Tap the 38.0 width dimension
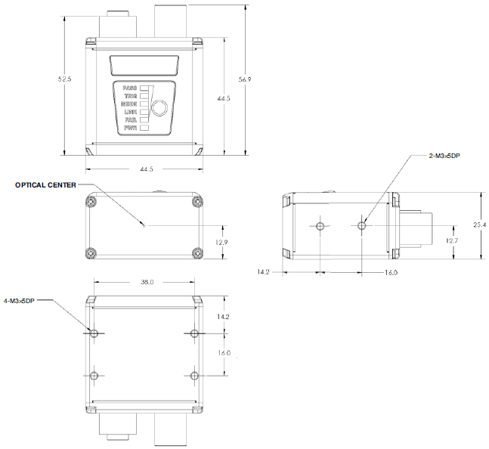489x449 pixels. (147, 282)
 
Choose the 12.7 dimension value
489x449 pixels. (451, 240)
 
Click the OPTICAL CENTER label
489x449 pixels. (45, 184)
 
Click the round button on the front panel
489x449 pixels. (159, 107)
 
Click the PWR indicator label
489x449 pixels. (130, 128)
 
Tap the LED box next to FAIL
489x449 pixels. (144, 119)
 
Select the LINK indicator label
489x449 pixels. (130, 112)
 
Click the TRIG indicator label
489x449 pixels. (130, 96)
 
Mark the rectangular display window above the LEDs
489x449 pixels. (144, 65)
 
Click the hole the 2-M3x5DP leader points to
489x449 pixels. (362, 225)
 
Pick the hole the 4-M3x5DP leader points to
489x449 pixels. (94, 333)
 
